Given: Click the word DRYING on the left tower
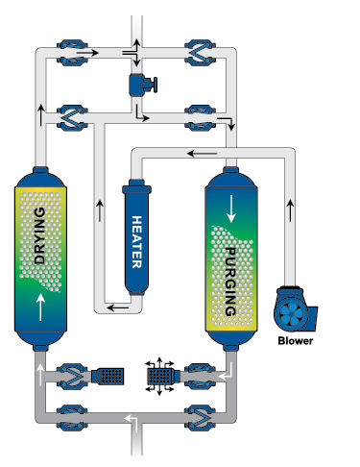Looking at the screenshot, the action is (x=39, y=235).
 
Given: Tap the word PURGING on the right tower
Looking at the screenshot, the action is (x=230, y=282).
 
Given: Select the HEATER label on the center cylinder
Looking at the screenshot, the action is (x=136, y=242).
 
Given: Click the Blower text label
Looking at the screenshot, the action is (x=295, y=341).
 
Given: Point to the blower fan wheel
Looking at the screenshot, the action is (x=291, y=312).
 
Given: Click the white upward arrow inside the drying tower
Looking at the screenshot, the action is (x=40, y=307).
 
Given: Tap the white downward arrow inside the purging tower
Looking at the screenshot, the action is (x=231, y=209).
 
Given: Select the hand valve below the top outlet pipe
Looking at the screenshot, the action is (x=143, y=85).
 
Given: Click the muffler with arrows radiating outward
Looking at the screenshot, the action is (x=160, y=377).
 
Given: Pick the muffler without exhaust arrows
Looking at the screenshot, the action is (x=108, y=376).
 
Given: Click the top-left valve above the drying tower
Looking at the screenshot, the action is (x=72, y=53).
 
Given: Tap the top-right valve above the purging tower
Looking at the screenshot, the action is (x=200, y=53).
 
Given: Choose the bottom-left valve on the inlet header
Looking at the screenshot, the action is (x=72, y=417).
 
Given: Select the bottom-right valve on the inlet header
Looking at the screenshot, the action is (x=200, y=417).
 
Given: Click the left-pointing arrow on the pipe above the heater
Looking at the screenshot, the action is (x=202, y=154).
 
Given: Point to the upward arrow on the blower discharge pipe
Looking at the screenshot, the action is (x=290, y=210).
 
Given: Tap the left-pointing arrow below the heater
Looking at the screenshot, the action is (x=118, y=307).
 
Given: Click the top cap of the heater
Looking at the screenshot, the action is (x=136, y=186).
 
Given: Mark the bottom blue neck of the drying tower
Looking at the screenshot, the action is (x=40, y=348).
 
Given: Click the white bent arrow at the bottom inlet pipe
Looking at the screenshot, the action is (x=132, y=421).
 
